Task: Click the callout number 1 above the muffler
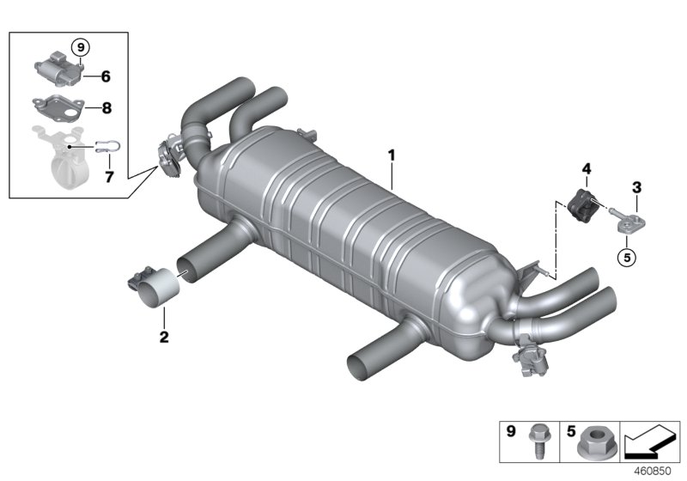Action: [391, 156]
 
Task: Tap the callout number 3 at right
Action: [637, 186]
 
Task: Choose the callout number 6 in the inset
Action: [106, 76]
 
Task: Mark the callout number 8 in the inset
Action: [106, 110]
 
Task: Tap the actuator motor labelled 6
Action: [57, 69]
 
